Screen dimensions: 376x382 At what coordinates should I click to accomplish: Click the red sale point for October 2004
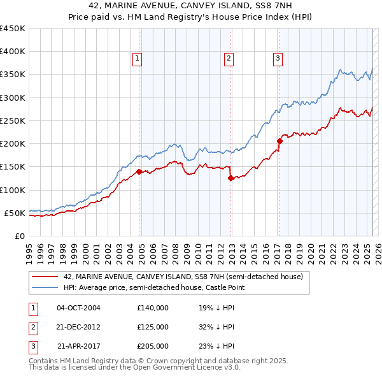click(x=139, y=171)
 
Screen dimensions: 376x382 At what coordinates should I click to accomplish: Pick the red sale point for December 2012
click(x=231, y=178)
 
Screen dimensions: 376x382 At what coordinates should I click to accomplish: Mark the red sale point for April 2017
click(x=279, y=141)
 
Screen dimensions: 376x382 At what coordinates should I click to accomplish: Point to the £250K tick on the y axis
click(x=13, y=120)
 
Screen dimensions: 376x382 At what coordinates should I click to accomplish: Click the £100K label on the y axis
click(x=13, y=190)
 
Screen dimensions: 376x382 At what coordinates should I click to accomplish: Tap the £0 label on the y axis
click(x=20, y=236)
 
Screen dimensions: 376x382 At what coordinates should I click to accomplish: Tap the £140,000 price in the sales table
click(x=153, y=308)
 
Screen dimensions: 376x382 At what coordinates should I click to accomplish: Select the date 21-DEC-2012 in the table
click(x=78, y=327)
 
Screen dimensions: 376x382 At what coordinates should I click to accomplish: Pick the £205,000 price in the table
click(x=153, y=346)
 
